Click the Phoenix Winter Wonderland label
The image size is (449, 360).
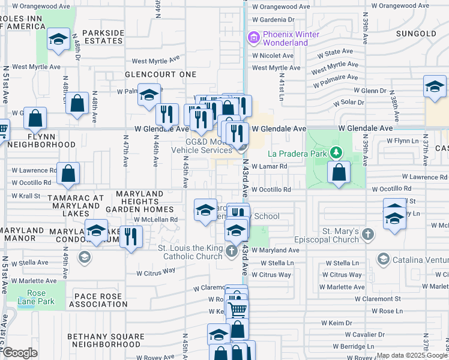coord(286,38)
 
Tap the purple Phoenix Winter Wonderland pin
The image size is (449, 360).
coord(253,39)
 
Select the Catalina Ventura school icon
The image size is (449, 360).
coord(382,259)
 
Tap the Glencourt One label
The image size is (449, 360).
coord(160,74)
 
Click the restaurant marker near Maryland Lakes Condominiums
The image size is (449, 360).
coord(129,237)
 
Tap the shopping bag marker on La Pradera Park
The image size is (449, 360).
coord(339,172)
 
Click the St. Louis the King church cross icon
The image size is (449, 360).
coord(232,251)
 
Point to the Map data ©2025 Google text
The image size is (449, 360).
coord(412,355)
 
